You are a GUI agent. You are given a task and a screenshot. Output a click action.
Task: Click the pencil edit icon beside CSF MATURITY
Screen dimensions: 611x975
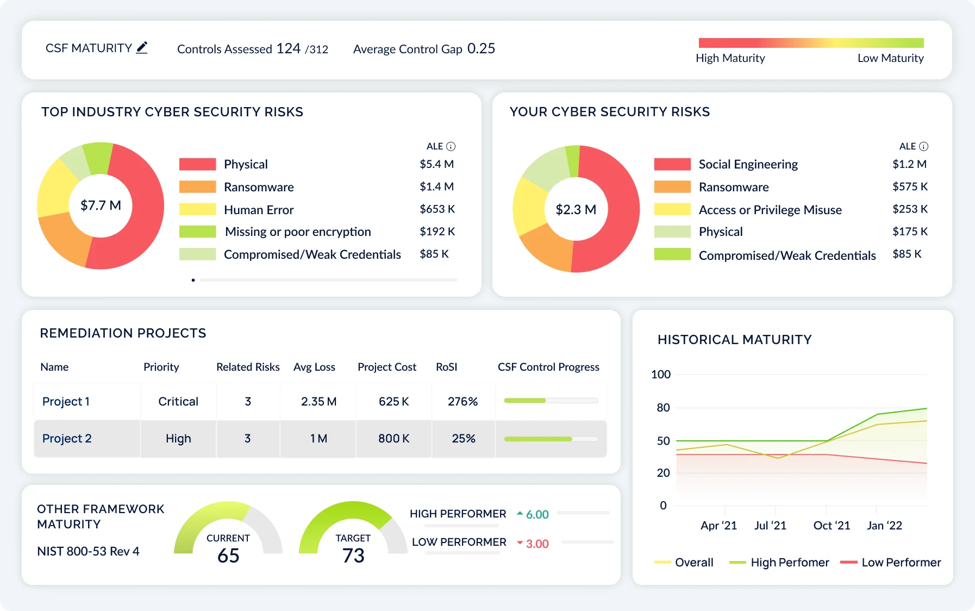coord(142,48)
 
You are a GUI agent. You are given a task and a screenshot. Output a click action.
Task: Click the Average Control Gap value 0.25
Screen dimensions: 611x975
coord(481,48)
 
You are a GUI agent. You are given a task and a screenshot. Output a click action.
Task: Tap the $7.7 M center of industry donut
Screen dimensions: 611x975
coord(101,205)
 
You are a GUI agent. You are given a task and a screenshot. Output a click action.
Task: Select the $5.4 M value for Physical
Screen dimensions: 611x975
coord(436,164)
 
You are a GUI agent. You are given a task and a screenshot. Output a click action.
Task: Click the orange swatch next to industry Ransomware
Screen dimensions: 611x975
coord(197,187)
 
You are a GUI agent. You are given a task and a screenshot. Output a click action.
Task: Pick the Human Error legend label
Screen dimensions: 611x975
coord(259,210)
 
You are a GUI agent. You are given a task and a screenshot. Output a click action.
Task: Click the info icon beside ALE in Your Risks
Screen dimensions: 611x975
coord(923,146)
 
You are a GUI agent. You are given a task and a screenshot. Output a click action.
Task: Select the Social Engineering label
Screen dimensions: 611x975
coord(748,164)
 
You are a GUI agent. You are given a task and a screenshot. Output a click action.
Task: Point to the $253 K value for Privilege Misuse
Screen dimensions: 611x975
coord(910,209)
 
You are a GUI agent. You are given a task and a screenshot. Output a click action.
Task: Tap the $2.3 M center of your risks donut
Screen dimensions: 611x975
coord(576,209)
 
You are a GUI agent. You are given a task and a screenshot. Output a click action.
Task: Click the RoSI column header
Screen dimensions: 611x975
coord(446,367)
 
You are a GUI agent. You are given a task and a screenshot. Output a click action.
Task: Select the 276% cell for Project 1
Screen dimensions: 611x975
coord(462,402)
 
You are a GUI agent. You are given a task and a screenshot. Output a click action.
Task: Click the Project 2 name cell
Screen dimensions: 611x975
coord(67,439)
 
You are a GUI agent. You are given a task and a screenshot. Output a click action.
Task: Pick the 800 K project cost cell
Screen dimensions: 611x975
coord(393,439)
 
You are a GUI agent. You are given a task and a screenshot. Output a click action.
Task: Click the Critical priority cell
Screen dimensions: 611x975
coord(178,402)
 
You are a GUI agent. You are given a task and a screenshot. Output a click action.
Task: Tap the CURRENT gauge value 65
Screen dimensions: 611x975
coord(228,556)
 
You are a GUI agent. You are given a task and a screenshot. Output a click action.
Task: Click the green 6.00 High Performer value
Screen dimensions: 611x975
coord(537,514)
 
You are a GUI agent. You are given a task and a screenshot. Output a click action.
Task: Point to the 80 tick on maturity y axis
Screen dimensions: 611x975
coord(663,408)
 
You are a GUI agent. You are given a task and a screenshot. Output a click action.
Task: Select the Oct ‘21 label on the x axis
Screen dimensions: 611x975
coord(831,526)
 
